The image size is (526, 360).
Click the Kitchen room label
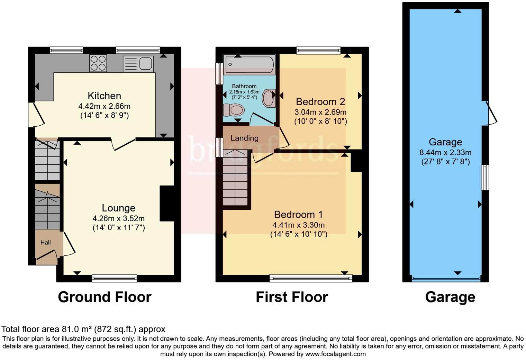click(104, 96)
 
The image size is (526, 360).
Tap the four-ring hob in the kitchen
click(98, 63)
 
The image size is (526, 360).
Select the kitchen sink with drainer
click(138, 64)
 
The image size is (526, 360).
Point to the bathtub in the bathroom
click(250, 64)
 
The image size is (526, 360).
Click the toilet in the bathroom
click(234, 110)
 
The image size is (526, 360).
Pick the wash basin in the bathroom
click(269, 98)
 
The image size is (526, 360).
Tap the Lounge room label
click(118, 208)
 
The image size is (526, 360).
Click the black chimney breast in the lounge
click(167, 204)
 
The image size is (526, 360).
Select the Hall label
click(46, 243)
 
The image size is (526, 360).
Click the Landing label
click(244, 138)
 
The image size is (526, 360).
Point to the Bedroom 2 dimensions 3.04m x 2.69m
click(320, 112)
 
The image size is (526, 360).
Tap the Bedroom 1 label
click(298, 215)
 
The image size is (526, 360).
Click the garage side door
click(491, 113)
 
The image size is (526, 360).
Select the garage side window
click(486, 178)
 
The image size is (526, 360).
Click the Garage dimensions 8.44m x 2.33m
click(445, 152)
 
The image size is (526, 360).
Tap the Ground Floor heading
click(105, 297)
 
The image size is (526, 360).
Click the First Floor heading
click(292, 297)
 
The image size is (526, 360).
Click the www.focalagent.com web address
click(335, 354)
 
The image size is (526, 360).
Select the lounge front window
click(115, 278)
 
